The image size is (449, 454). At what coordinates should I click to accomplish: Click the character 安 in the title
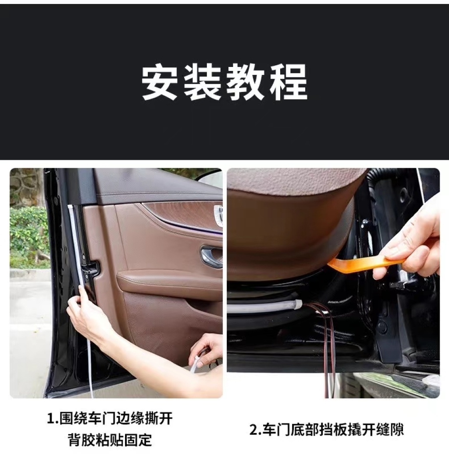pyautogui.click(x=160, y=82)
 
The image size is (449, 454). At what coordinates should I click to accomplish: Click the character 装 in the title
pyautogui.click(x=203, y=82)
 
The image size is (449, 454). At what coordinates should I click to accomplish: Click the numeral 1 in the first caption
pyautogui.click(x=50, y=419)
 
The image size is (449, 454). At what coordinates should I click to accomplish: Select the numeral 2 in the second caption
pyautogui.click(x=253, y=429)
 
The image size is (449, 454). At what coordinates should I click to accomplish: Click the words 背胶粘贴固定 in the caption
pyautogui.click(x=110, y=440)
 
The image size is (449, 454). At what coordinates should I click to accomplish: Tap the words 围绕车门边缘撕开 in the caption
pyautogui.click(x=116, y=419)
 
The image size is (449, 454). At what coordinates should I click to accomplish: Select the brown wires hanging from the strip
pyautogui.click(x=326, y=348)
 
